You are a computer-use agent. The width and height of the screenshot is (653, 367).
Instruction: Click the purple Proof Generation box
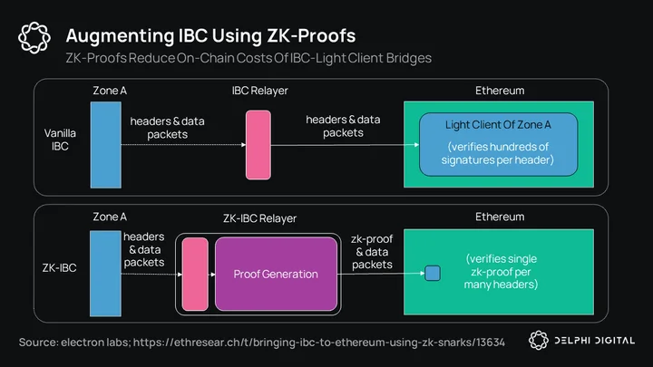pyautogui.click(x=276, y=274)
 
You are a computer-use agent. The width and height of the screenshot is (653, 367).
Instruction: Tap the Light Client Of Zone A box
pyautogui.click(x=498, y=144)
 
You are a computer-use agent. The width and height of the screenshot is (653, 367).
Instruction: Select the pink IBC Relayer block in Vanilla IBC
pyautogui.click(x=258, y=145)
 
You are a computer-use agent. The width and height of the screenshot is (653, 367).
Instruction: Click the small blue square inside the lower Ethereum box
pyautogui.click(x=433, y=274)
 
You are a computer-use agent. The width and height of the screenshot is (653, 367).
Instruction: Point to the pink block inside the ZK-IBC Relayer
pyautogui.click(x=195, y=275)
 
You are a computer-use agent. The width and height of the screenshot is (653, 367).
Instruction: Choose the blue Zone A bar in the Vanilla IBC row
pyautogui.click(x=106, y=145)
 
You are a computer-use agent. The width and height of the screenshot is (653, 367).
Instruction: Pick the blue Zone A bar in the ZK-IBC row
pyautogui.click(x=105, y=274)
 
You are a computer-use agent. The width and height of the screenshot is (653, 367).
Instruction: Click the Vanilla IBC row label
pyautogui.click(x=60, y=140)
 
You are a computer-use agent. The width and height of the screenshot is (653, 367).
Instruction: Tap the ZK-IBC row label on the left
pyautogui.click(x=59, y=267)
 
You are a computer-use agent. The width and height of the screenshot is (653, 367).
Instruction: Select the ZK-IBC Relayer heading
pyautogui.click(x=259, y=218)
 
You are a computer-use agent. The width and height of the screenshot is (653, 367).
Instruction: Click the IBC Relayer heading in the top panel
pyautogui.click(x=260, y=91)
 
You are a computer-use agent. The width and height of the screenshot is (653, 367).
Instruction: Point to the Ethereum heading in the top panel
pyautogui.click(x=500, y=91)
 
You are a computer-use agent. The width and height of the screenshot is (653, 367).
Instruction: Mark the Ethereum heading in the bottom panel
pyautogui.click(x=500, y=217)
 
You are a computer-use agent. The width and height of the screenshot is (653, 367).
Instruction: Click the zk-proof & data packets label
pyautogui.click(x=372, y=252)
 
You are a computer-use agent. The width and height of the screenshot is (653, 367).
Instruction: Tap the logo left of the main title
pyautogui.click(x=34, y=38)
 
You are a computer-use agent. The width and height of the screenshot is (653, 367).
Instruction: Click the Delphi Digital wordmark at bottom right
pyautogui.click(x=594, y=341)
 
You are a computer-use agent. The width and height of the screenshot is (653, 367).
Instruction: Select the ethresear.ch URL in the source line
pyautogui.click(x=319, y=343)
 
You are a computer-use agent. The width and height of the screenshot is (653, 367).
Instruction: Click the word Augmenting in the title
pyautogui.click(x=120, y=35)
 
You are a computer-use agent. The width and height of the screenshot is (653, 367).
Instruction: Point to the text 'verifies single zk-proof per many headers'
pyautogui.click(x=501, y=272)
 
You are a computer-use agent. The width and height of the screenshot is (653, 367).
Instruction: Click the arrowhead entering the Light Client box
pyautogui.click(x=416, y=145)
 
